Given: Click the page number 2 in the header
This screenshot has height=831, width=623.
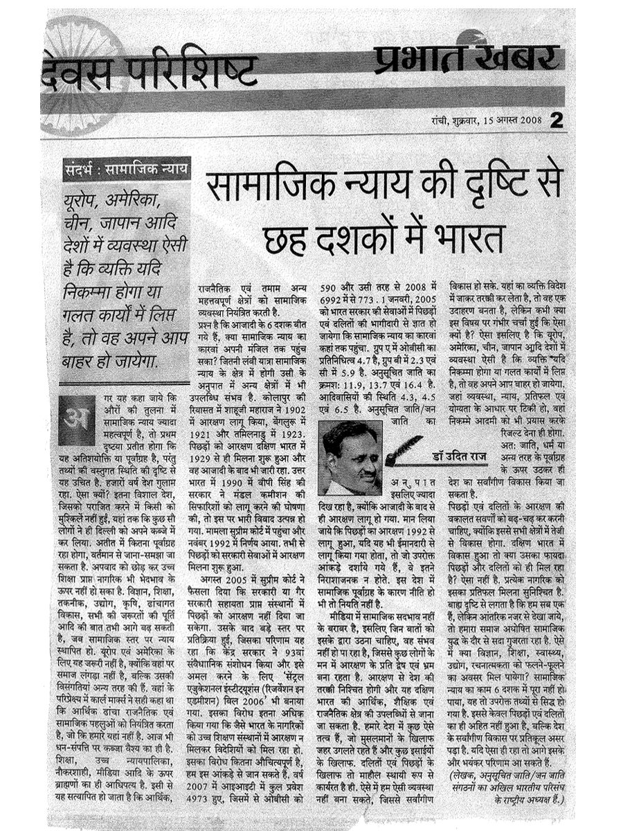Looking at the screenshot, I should pyautogui.click(x=557, y=120).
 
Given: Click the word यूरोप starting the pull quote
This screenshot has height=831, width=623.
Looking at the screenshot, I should pyautogui.click(x=87, y=202).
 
